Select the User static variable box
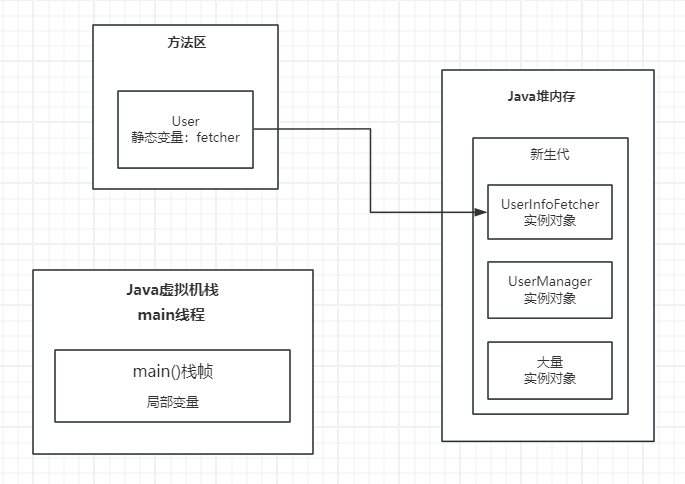click(185, 129)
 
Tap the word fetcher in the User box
click(218, 138)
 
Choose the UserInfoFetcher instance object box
click(549, 211)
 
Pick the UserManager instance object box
click(549, 289)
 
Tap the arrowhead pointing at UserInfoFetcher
click(480, 212)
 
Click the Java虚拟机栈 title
click(172, 290)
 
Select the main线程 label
click(172, 315)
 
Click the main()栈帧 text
click(172, 372)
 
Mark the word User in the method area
click(185, 121)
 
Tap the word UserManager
click(549, 281)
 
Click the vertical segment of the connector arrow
click(370, 170)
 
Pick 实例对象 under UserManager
click(549, 298)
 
